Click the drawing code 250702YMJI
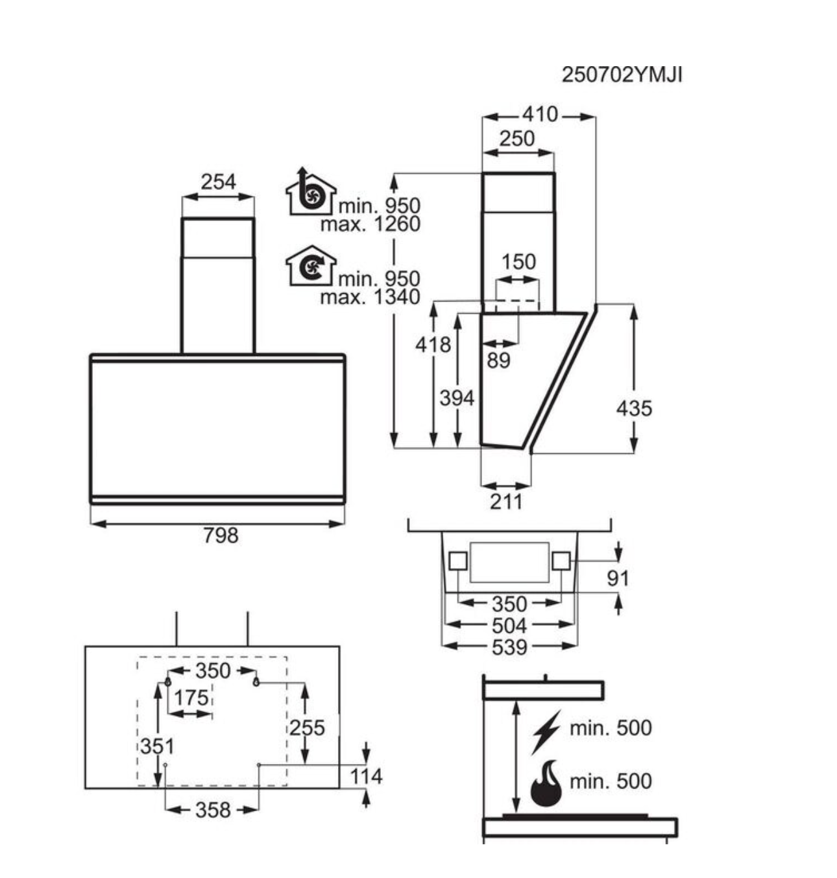point(622,75)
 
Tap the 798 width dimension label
point(221,536)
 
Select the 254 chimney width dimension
point(218,182)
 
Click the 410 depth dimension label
point(540,115)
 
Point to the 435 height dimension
point(634,408)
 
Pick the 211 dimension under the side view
point(506,502)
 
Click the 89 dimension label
point(498,361)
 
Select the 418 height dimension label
point(433,345)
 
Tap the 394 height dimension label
point(457,398)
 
